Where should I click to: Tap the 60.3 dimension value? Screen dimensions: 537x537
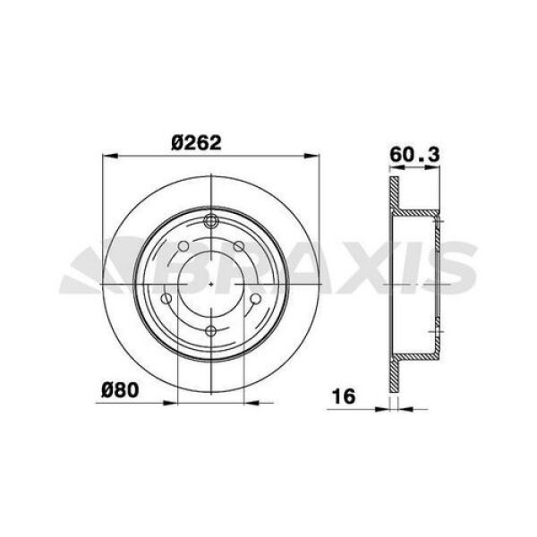(x=415, y=155)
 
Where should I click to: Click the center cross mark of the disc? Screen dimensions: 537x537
(x=211, y=283)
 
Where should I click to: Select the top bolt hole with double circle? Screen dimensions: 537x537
(x=211, y=223)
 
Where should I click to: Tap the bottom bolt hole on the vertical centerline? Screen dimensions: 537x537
(x=211, y=331)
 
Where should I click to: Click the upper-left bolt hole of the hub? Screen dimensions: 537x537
(x=183, y=246)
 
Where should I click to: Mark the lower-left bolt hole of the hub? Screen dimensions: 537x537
(x=166, y=300)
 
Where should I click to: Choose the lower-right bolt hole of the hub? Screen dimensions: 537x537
(x=255, y=300)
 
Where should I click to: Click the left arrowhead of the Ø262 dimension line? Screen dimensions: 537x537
(x=108, y=157)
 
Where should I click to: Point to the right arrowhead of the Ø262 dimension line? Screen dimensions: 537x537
(x=314, y=157)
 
